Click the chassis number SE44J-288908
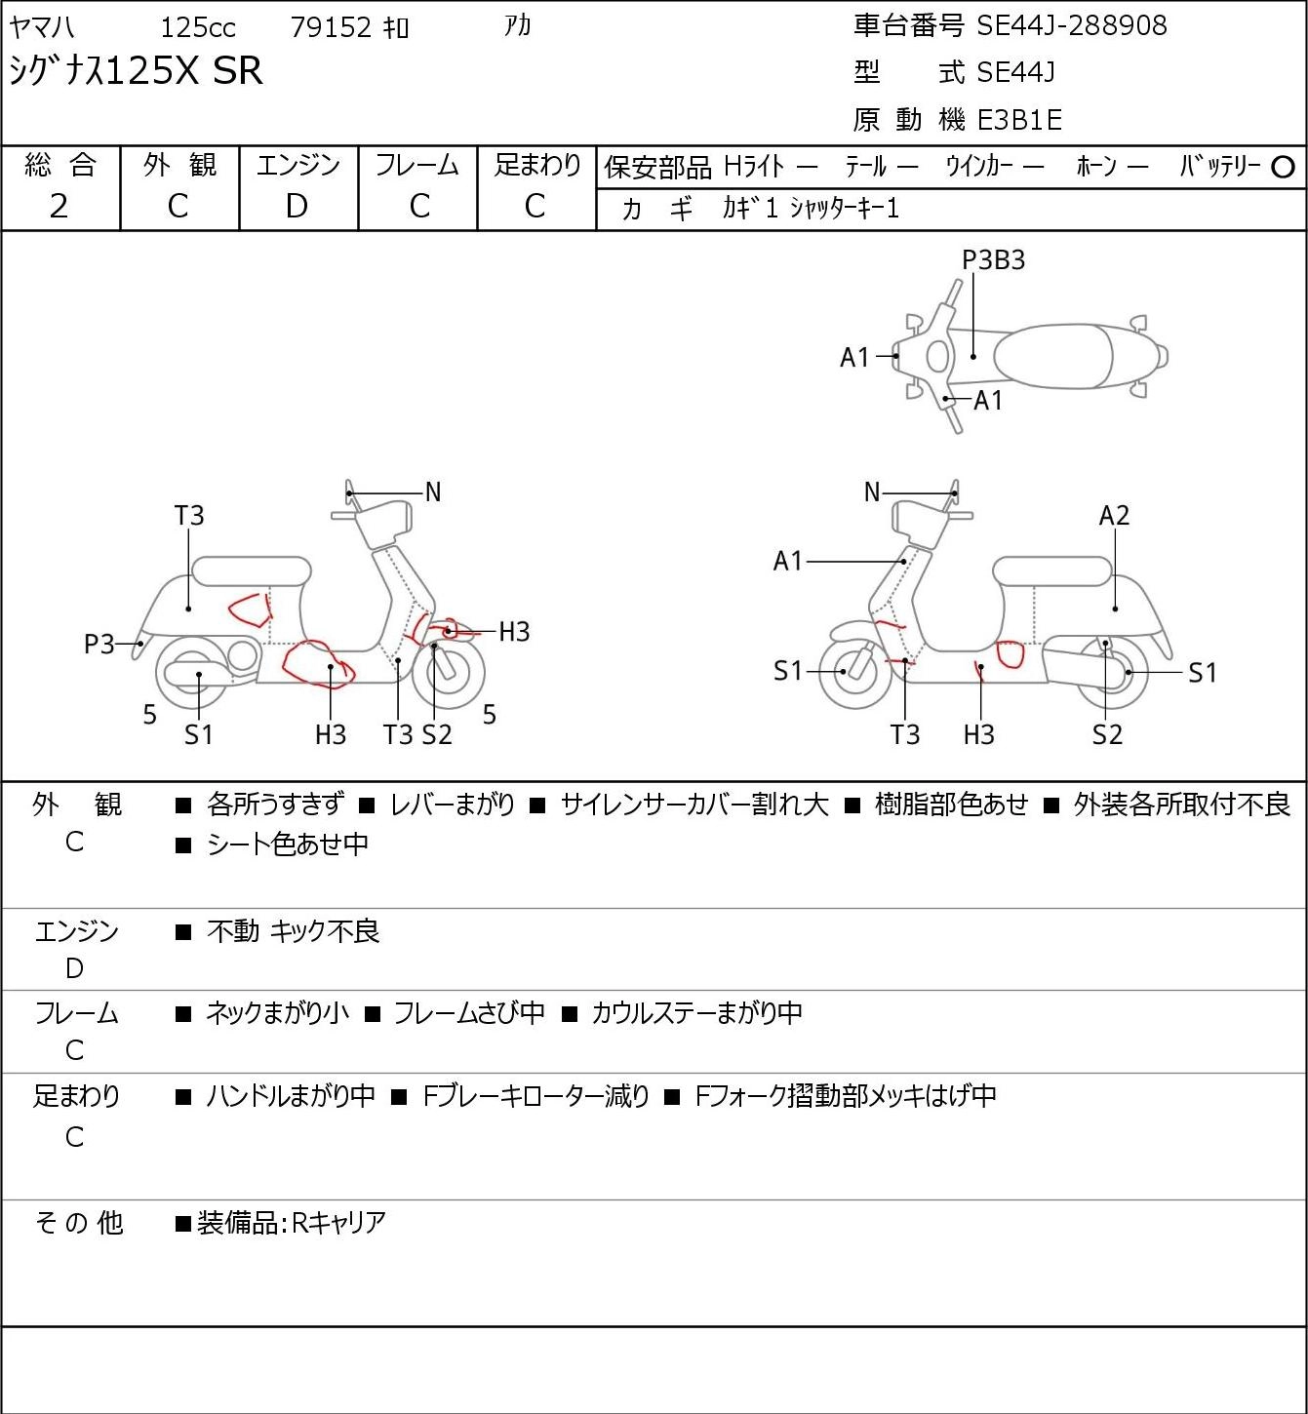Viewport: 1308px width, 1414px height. (1071, 25)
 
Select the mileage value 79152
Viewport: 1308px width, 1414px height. (331, 27)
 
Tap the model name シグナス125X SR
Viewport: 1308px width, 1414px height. (137, 70)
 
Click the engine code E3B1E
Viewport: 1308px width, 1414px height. (1019, 120)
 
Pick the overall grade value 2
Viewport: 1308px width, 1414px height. (59, 207)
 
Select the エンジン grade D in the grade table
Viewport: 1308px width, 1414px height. (297, 207)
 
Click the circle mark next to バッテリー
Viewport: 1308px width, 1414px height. (1283, 168)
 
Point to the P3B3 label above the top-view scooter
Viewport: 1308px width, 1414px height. (993, 260)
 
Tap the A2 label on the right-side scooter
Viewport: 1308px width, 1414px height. (1114, 516)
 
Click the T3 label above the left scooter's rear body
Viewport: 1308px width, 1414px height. (189, 516)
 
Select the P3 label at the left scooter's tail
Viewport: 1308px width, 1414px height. (99, 645)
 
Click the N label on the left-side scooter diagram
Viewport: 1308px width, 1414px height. (433, 492)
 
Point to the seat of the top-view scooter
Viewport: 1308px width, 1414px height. (1052, 357)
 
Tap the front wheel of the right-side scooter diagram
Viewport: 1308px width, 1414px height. (854, 672)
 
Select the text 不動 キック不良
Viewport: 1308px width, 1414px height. (294, 931)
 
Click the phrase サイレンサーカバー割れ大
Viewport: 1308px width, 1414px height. (694, 805)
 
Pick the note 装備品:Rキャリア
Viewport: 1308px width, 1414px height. (292, 1223)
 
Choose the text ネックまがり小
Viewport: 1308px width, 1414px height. (277, 1013)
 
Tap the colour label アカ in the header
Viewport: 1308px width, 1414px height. (517, 25)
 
